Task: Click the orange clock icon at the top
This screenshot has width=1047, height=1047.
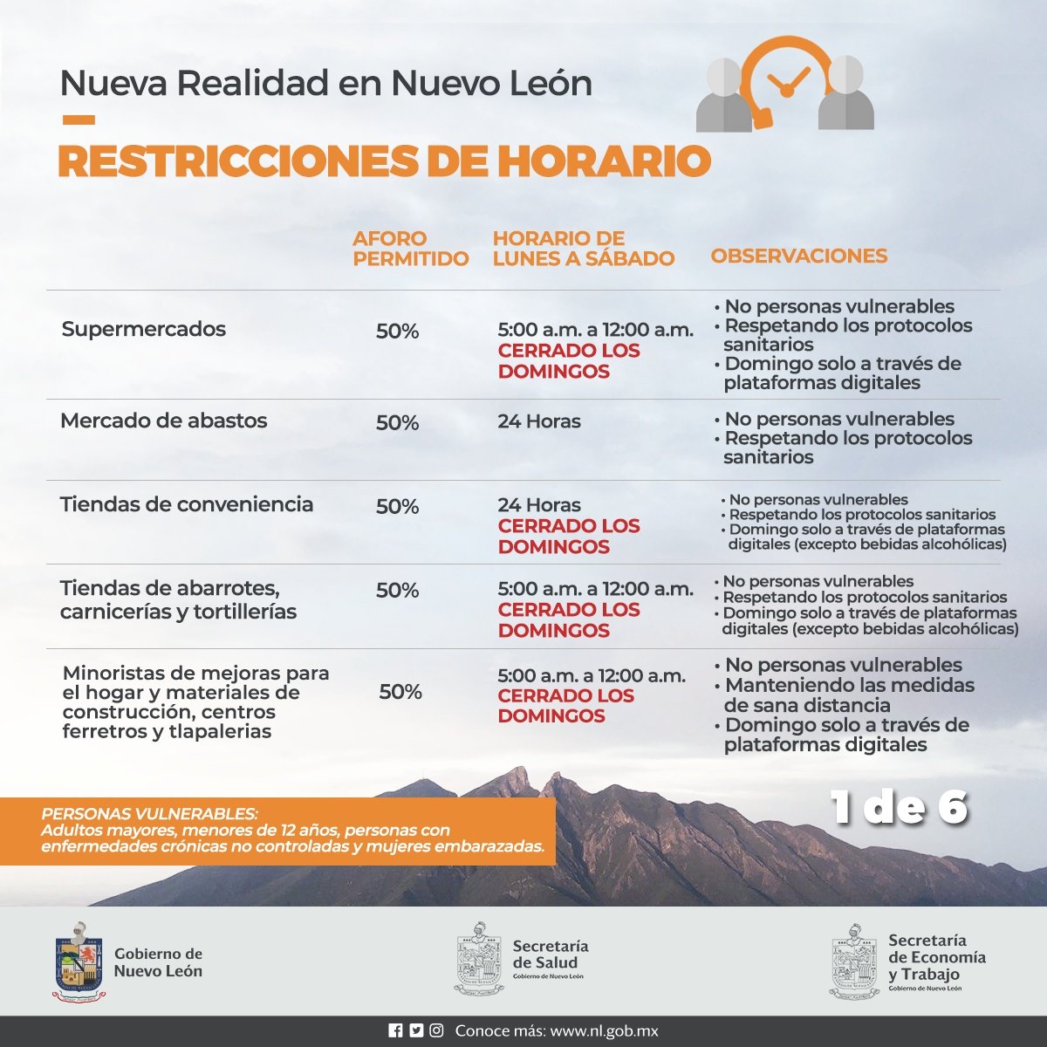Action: coord(787,80)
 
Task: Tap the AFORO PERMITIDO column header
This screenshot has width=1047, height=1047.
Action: coord(410,249)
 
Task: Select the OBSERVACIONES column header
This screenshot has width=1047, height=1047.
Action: coord(798,256)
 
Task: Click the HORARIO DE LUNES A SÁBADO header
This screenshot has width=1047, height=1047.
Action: coord(583,249)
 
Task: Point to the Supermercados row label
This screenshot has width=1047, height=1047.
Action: coord(143,329)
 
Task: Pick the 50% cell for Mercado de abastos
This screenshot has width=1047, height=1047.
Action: coord(397,422)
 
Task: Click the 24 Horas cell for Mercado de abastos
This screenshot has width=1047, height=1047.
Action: coord(538,421)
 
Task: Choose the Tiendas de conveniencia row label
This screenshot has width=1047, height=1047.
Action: coord(186,504)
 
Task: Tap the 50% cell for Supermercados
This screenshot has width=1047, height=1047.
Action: coord(397,331)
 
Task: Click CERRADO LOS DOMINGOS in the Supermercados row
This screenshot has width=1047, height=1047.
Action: coord(568,361)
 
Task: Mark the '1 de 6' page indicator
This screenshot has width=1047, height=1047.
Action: coord(899,807)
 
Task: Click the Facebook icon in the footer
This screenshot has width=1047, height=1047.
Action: coord(395,1030)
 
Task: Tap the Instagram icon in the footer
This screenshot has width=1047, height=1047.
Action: coord(435,1030)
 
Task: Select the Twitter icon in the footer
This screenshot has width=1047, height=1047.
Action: coord(415,1030)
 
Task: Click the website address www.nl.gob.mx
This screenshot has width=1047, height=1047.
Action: coord(604,1031)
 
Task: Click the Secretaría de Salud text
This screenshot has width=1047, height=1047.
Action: coord(550,955)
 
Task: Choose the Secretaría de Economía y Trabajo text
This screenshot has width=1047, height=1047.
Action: coord(936,957)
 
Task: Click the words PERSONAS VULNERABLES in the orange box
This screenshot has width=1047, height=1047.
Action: coord(149,813)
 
